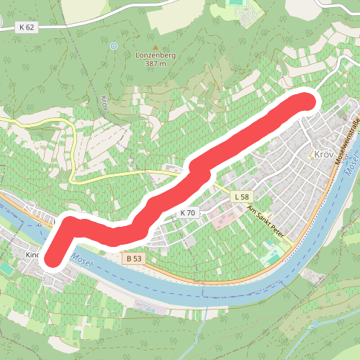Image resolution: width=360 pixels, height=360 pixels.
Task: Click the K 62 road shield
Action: click(27, 27)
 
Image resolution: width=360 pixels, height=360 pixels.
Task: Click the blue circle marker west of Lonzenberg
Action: click(113, 46)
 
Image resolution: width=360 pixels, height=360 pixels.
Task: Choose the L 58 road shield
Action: click(240, 196)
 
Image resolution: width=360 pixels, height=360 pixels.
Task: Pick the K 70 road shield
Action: click(187, 213)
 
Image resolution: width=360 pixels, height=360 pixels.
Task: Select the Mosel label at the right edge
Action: click(351, 167)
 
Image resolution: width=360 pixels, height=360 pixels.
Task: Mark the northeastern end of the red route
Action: click(305, 102)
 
